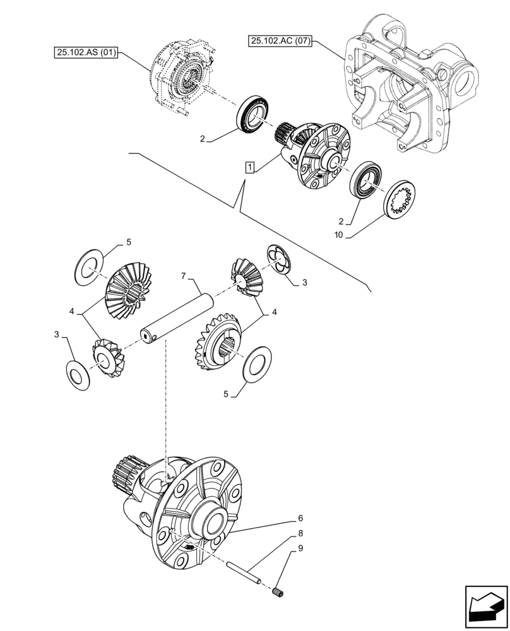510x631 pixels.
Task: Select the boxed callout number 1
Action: tap(251, 167)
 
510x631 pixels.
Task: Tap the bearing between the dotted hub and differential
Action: tap(254, 115)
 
